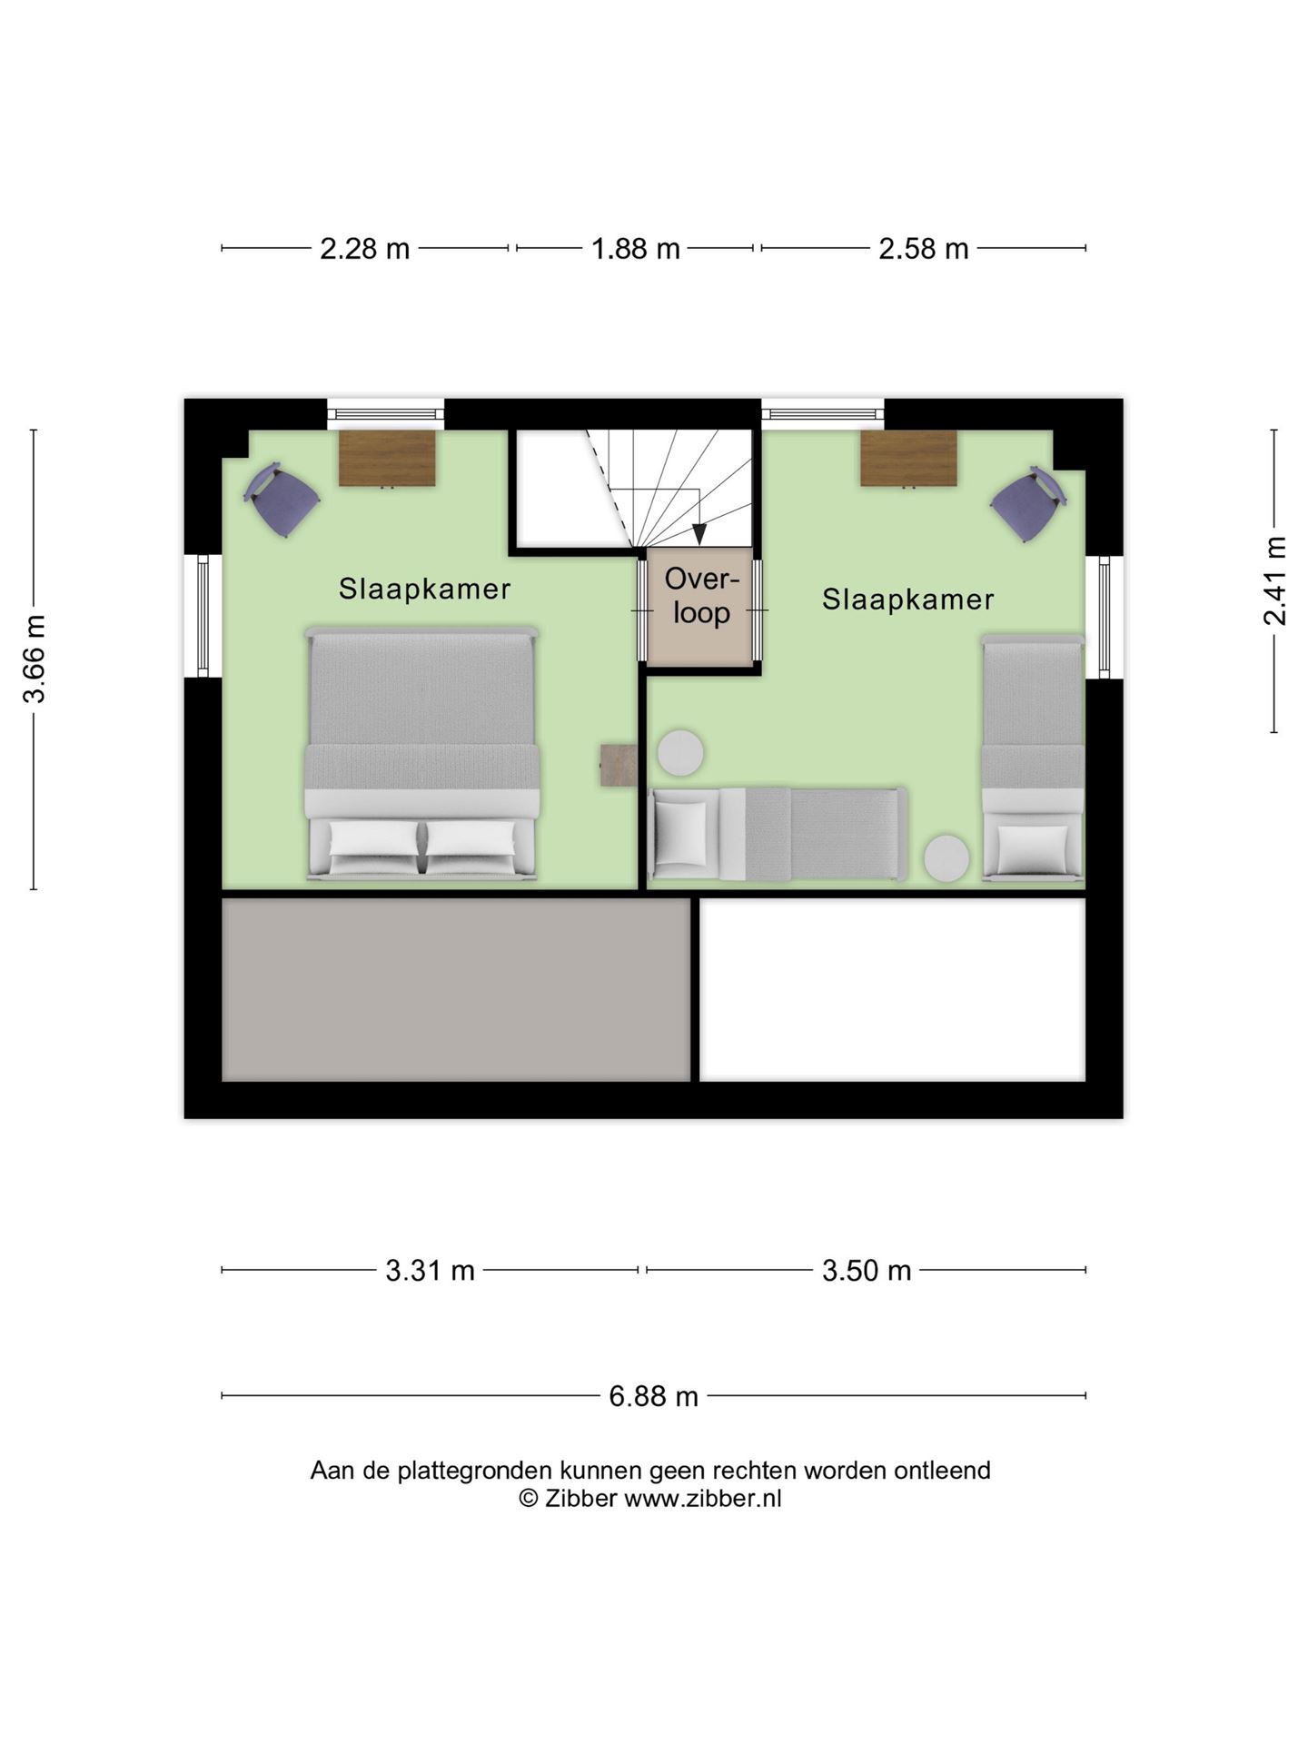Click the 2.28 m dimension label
364,249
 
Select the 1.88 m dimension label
636,249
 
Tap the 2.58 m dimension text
923,249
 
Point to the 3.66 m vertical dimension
35,659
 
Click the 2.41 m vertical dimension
1274,580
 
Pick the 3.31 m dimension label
430,1270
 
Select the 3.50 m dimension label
867,1270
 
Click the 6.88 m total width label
653,1395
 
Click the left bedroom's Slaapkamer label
424,589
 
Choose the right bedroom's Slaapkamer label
907,599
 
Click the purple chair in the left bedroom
282,500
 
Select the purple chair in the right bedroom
1028,504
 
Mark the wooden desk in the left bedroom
387,459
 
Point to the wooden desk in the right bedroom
909,459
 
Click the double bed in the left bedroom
422,753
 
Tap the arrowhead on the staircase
699,535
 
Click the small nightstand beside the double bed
619,765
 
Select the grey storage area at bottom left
456,990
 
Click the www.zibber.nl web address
702,1498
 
